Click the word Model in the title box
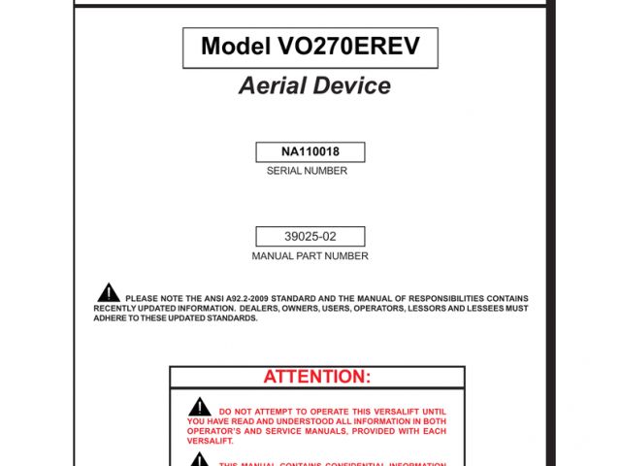click(x=234, y=47)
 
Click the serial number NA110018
click(x=310, y=152)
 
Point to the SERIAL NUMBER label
click(x=307, y=171)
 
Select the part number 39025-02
click(x=310, y=236)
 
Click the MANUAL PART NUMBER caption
click(x=310, y=256)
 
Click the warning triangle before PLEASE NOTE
click(x=109, y=291)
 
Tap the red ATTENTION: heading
click(x=317, y=377)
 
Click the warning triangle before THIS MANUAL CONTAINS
click(x=199, y=458)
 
